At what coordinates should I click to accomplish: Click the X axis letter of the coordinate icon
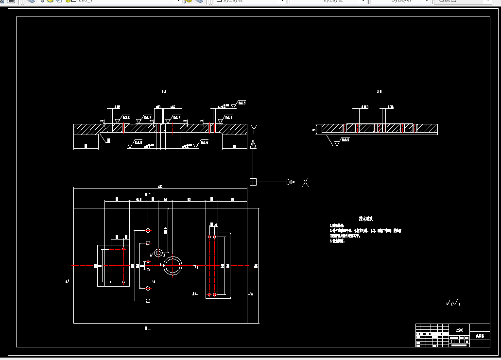click(x=305, y=182)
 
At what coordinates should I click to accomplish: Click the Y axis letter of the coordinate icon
click(x=254, y=129)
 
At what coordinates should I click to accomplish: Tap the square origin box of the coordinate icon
click(x=253, y=182)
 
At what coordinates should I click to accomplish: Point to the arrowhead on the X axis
click(x=291, y=182)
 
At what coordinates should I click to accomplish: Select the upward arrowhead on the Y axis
click(x=253, y=144)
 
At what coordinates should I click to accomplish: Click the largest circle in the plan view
click(x=173, y=265)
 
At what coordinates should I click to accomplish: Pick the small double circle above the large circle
click(x=158, y=253)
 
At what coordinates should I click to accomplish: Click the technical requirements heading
click(x=365, y=219)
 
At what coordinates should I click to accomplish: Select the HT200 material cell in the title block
click(x=459, y=330)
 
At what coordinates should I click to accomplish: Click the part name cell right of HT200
click(x=480, y=335)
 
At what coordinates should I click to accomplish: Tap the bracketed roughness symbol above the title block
click(x=452, y=303)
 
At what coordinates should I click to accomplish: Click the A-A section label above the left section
click(x=164, y=91)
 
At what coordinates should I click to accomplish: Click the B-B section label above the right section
click(x=379, y=91)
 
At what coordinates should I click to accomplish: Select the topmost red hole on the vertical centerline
click(x=148, y=230)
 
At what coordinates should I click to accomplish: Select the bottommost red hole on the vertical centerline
click(x=148, y=301)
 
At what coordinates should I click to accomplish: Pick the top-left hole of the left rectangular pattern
click(x=111, y=249)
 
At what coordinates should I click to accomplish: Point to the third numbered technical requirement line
click(x=337, y=241)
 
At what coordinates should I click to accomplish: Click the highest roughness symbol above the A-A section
click(x=238, y=103)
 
